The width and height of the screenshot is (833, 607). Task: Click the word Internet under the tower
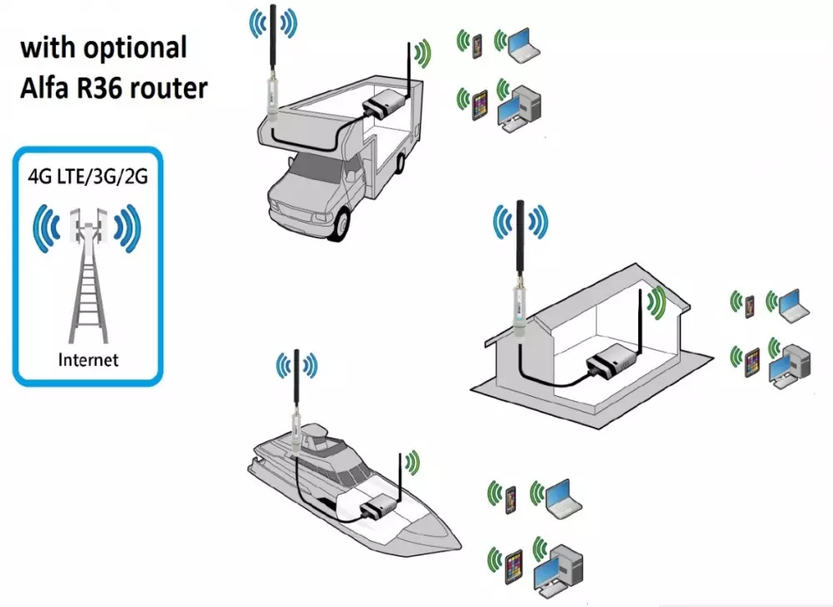87,360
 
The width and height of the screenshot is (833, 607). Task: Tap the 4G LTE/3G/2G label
87,178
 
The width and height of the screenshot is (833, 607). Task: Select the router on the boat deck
376,506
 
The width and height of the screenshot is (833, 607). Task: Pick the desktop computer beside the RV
523,108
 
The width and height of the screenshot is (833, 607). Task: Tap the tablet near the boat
513,563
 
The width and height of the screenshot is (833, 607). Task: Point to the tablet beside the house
750,363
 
